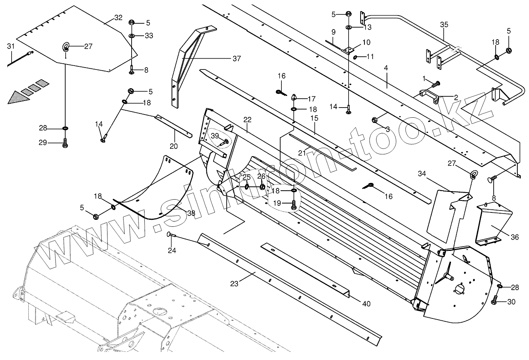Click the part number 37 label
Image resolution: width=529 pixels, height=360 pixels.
[x=236, y=59]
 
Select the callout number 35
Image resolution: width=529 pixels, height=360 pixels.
[x=444, y=24]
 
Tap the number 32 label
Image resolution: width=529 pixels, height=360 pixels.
[x=118, y=17]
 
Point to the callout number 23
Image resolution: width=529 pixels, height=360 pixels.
[x=234, y=284]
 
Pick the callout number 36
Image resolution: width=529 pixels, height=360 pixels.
[x=514, y=237]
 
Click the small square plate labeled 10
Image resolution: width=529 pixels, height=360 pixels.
[x=350, y=50]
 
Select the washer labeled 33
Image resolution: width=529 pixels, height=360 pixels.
[x=132, y=36]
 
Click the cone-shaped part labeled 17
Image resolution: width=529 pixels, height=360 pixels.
[x=294, y=97]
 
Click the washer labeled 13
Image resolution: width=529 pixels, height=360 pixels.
[x=349, y=27]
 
